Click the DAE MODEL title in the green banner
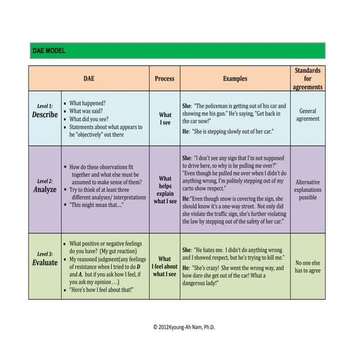pos(49,51)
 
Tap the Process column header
pos(165,78)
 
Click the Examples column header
pos(234,78)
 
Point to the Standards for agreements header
pos(308,78)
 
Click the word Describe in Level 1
pos(45,115)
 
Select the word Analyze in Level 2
pos(45,190)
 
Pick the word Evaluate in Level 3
pos(45,263)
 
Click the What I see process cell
pos(165,119)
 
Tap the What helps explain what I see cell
pos(165,191)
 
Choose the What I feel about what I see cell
pos(165,265)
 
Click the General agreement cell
pos(308,117)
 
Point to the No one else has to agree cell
pos(308,265)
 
